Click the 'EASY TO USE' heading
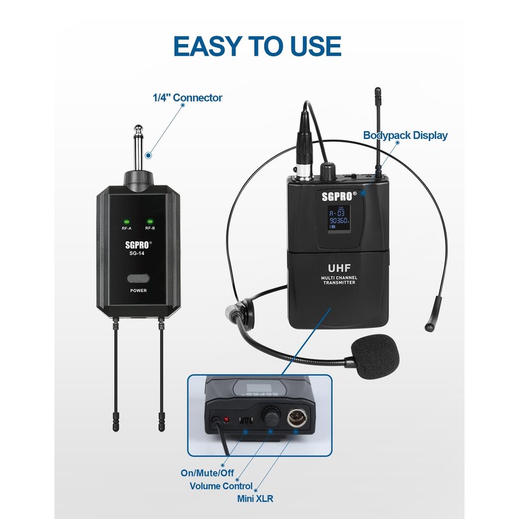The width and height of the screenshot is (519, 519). point(258,45)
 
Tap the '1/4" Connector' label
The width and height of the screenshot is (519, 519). point(187,98)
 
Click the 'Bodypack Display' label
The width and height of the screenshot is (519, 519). point(405,136)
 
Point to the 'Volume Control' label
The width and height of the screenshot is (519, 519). point(221,486)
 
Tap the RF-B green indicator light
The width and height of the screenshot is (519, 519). point(150,221)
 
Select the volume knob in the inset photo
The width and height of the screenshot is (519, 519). point(269,415)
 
